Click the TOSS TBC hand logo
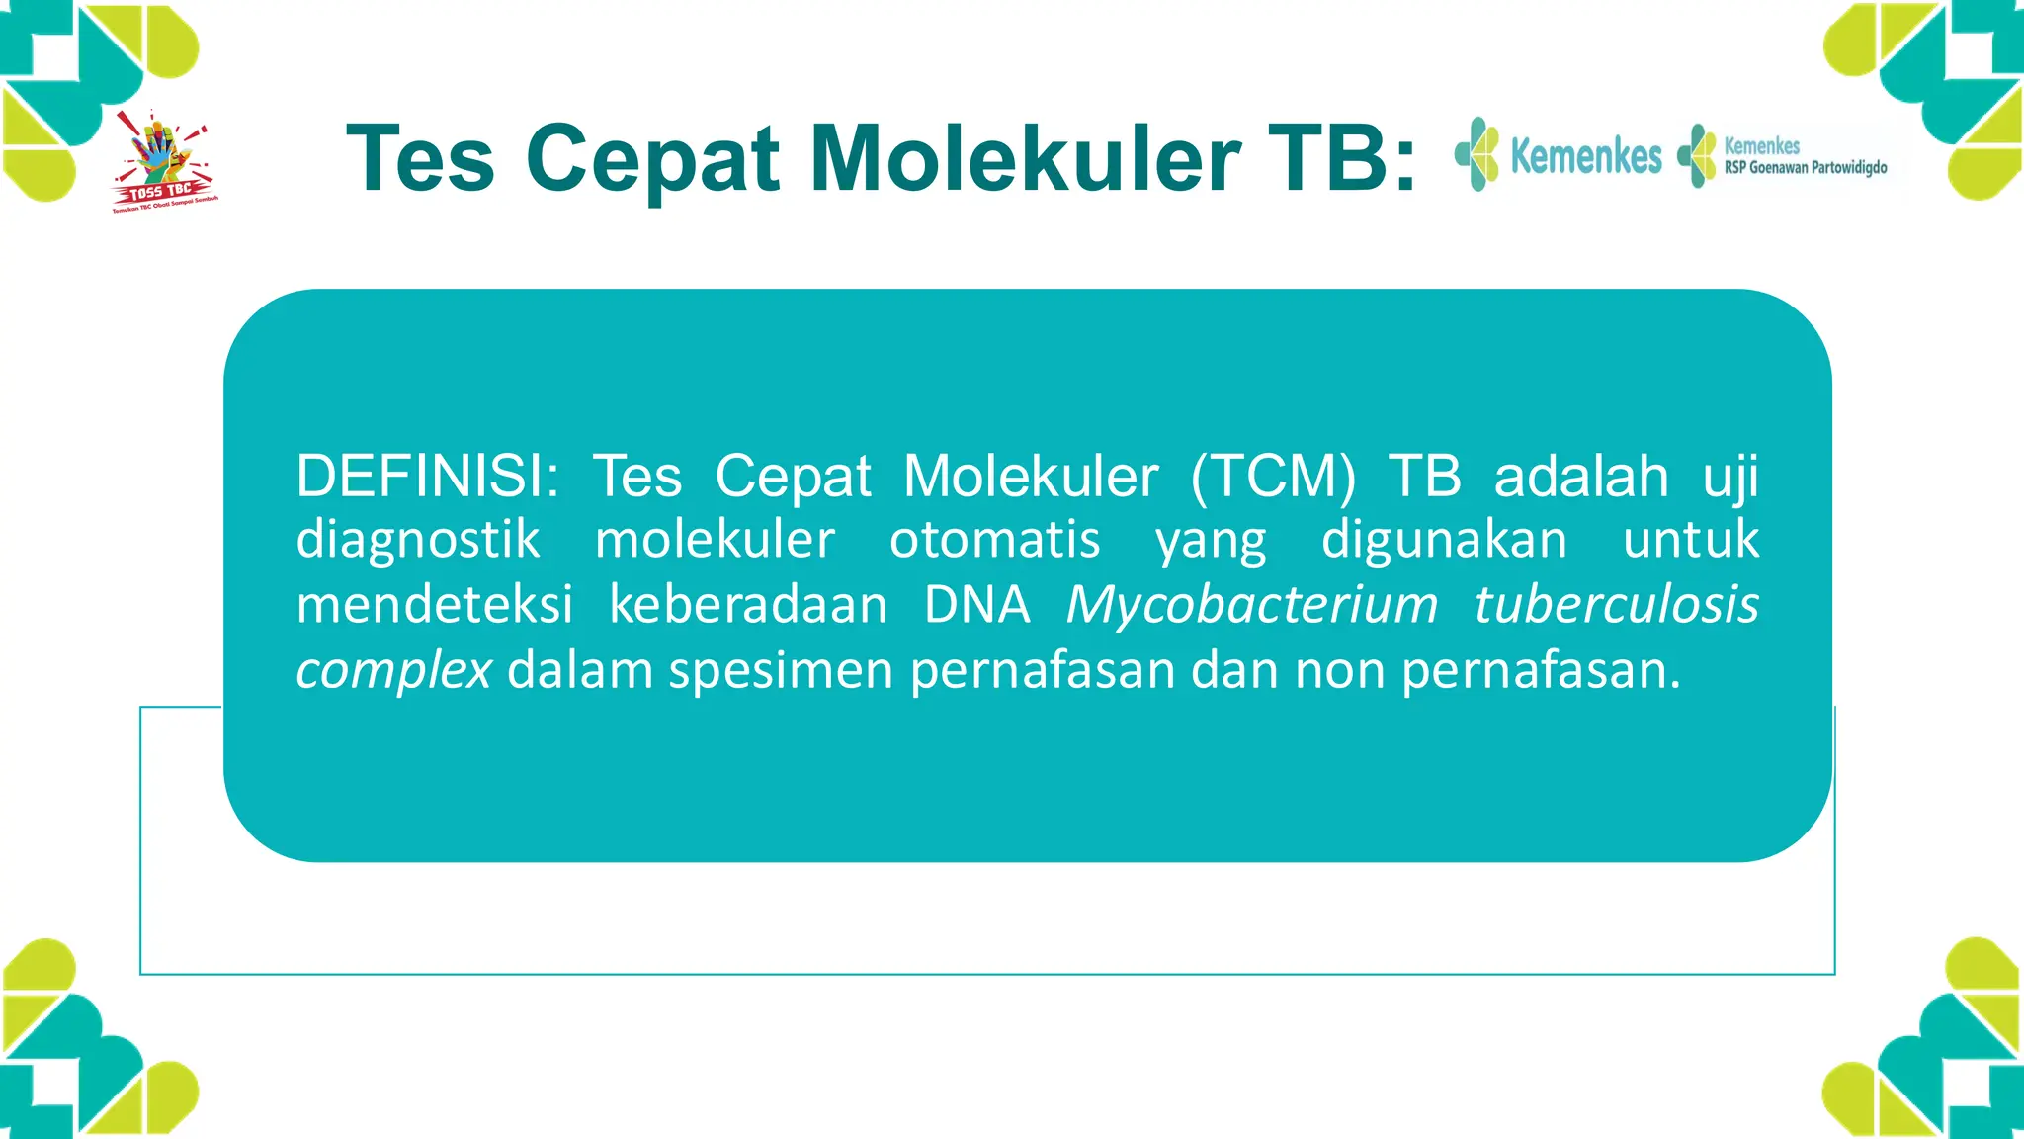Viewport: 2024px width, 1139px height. tap(164, 161)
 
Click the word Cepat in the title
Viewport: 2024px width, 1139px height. tap(653, 159)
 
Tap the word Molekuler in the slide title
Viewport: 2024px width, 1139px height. tap(1025, 159)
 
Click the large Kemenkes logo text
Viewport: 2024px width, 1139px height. tap(1585, 156)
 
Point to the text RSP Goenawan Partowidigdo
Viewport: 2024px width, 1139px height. tap(1805, 168)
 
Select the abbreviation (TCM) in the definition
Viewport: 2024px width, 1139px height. tap(1273, 476)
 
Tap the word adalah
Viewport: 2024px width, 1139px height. tap(1581, 476)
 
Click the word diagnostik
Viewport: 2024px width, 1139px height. tap(418, 541)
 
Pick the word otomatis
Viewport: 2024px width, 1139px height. tap(994, 541)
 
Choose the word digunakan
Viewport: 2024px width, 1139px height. tap(1444, 541)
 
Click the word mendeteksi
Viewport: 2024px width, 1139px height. tap(435, 605)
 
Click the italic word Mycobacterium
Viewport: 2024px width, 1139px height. tap(1251, 605)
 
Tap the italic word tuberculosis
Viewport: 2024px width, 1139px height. tap(1616, 605)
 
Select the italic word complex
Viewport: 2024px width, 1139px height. tap(393, 671)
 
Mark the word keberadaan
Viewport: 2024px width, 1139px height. tap(748, 605)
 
